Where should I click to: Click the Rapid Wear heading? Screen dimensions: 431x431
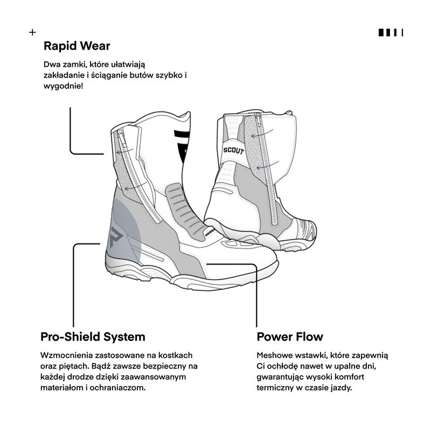[77, 46]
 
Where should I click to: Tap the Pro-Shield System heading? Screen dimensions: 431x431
[93, 337]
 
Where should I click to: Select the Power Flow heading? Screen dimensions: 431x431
[290, 337]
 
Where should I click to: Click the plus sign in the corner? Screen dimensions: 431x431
[32, 32]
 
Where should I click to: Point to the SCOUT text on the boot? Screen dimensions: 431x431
[234, 151]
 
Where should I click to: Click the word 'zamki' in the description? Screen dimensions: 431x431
[74, 65]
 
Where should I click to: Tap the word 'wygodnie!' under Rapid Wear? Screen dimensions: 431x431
[63, 86]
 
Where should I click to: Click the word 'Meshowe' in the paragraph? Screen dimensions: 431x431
[274, 356]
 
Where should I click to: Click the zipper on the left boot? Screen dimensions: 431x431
[139, 176]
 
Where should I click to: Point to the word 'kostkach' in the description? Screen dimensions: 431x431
[175, 356]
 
